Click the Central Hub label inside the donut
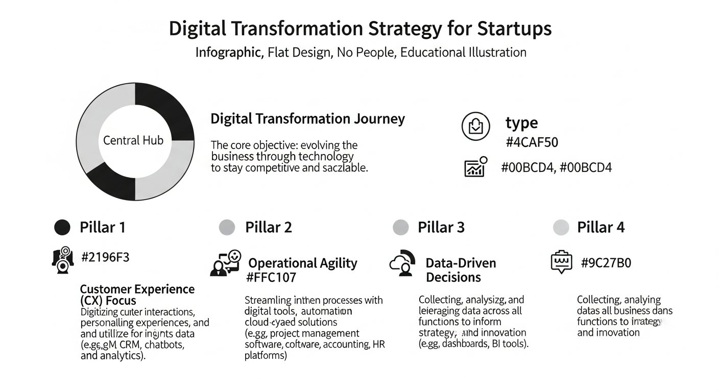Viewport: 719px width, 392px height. pyautogui.click(x=133, y=140)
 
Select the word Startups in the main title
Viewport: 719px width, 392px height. pyautogui.click(x=514, y=29)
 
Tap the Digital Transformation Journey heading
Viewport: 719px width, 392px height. pyautogui.click(x=307, y=119)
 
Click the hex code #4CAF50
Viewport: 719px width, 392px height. pyautogui.click(x=532, y=142)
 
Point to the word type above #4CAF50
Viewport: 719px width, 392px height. pyautogui.click(x=521, y=123)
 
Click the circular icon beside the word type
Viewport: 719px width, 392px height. pyautogui.click(x=475, y=127)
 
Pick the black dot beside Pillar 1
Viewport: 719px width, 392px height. pyautogui.click(x=62, y=227)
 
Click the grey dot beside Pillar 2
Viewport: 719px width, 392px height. pyautogui.click(x=227, y=227)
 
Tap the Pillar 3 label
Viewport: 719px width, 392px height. pyautogui.click(x=441, y=227)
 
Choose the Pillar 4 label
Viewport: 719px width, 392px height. pyautogui.click(x=601, y=227)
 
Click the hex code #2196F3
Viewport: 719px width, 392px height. pyautogui.click(x=105, y=257)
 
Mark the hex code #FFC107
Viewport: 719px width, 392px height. pyautogui.click(x=271, y=278)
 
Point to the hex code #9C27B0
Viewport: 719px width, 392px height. pyautogui.click(x=606, y=263)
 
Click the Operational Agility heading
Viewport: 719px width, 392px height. pyautogui.click(x=302, y=263)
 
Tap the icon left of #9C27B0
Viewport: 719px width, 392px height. pyautogui.click(x=562, y=262)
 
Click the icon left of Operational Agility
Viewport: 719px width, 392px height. pyautogui.click(x=225, y=263)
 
